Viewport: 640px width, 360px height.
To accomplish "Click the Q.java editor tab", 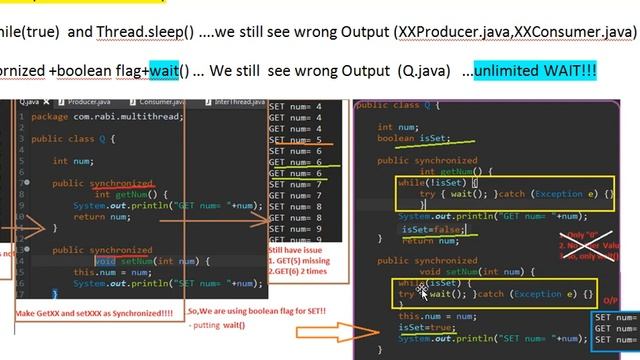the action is (x=30, y=102).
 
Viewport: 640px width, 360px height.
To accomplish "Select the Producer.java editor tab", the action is (x=88, y=102).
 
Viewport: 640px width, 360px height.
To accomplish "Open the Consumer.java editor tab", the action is (x=160, y=102).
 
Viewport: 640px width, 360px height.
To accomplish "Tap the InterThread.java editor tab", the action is (x=239, y=102).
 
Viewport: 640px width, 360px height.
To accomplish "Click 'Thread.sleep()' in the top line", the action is (x=146, y=32).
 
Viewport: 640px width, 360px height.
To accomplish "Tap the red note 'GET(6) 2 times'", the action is (x=299, y=271).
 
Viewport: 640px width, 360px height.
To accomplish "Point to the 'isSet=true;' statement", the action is (x=427, y=327).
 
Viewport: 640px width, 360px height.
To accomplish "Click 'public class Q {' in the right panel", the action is (x=398, y=105).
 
